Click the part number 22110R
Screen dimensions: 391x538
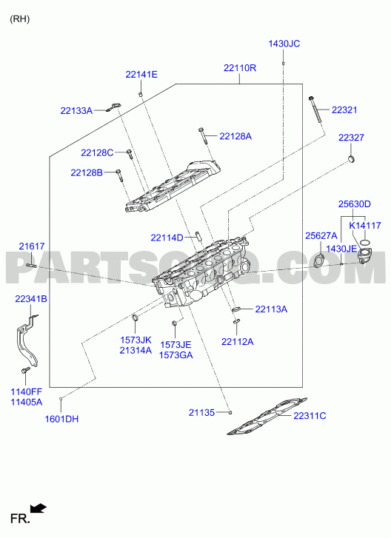[x=240, y=68]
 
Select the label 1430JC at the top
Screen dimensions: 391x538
[x=284, y=44]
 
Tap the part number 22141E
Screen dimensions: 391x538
[x=141, y=75]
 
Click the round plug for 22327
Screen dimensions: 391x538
[x=351, y=159]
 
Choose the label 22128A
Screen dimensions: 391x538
[x=235, y=137]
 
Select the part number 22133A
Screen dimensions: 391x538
[x=76, y=111]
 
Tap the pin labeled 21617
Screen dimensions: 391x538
[x=32, y=265]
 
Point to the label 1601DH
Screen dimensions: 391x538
[x=61, y=419]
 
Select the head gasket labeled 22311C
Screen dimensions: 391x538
[x=267, y=416]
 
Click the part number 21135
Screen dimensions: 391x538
[x=201, y=413]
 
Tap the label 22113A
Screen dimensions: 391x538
[x=271, y=309]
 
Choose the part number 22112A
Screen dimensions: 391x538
[x=238, y=342]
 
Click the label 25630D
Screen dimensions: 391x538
[x=355, y=204]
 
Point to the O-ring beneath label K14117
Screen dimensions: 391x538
[x=366, y=243]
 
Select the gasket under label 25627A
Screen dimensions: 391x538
[x=318, y=260]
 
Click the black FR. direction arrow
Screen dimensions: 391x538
[x=38, y=508]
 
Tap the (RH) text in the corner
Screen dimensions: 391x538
[x=19, y=19]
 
